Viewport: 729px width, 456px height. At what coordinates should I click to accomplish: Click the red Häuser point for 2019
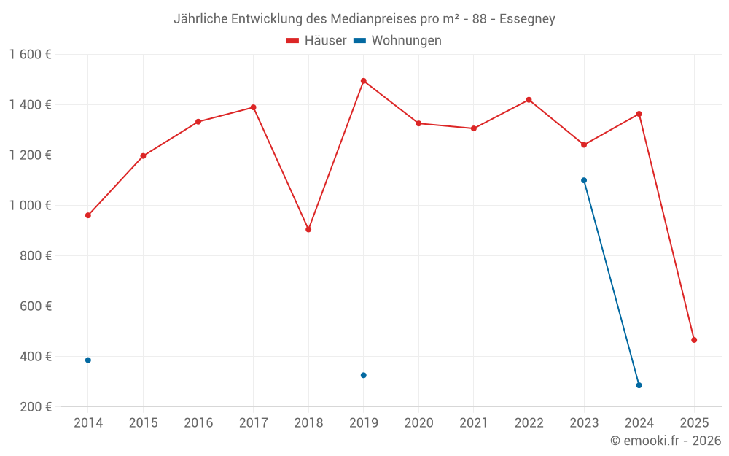pyautogui.click(x=363, y=81)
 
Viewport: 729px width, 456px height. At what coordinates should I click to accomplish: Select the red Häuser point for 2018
pyautogui.click(x=308, y=229)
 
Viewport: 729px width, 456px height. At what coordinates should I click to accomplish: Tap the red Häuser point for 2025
pyautogui.click(x=694, y=340)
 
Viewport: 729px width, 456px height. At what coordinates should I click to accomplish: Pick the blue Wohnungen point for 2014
pyautogui.click(x=88, y=360)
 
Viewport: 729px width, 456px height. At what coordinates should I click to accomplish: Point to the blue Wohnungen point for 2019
pyautogui.click(x=363, y=375)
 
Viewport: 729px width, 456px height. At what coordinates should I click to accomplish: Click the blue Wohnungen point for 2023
pyautogui.click(x=584, y=180)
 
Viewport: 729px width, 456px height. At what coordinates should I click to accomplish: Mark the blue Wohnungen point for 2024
pyautogui.click(x=639, y=385)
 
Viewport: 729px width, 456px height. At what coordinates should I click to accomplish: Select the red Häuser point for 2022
pyautogui.click(x=529, y=100)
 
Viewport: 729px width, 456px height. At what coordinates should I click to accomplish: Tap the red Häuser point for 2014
pyautogui.click(x=88, y=215)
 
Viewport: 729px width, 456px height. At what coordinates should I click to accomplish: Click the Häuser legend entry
pyautogui.click(x=316, y=41)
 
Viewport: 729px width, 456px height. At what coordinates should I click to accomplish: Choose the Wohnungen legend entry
pyautogui.click(x=398, y=41)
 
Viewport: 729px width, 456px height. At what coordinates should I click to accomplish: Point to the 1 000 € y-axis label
pyautogui.click(x=30, y=206)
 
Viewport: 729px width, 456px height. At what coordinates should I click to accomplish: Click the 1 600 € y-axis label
pyautogui.click(x=30, y=55)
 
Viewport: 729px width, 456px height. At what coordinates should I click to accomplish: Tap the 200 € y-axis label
pyautogui.click(x=36, y=407)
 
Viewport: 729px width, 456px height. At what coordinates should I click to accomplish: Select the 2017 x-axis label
pyautogui.click(x=253, y=423)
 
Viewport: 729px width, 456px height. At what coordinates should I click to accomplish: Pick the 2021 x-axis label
pyautogui.click(x=474, y=423)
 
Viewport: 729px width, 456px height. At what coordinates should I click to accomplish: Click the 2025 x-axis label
pyautogui.click(x=694, y=423)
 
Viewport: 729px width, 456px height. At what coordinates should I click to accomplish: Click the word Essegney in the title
pyautogui.click(x=527, y=19)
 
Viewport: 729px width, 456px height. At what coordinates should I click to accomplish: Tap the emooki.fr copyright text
pyautogui.click(x=666, y=441)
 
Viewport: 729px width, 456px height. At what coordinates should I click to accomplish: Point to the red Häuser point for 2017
pyautogui.click(x=253, y=107)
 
